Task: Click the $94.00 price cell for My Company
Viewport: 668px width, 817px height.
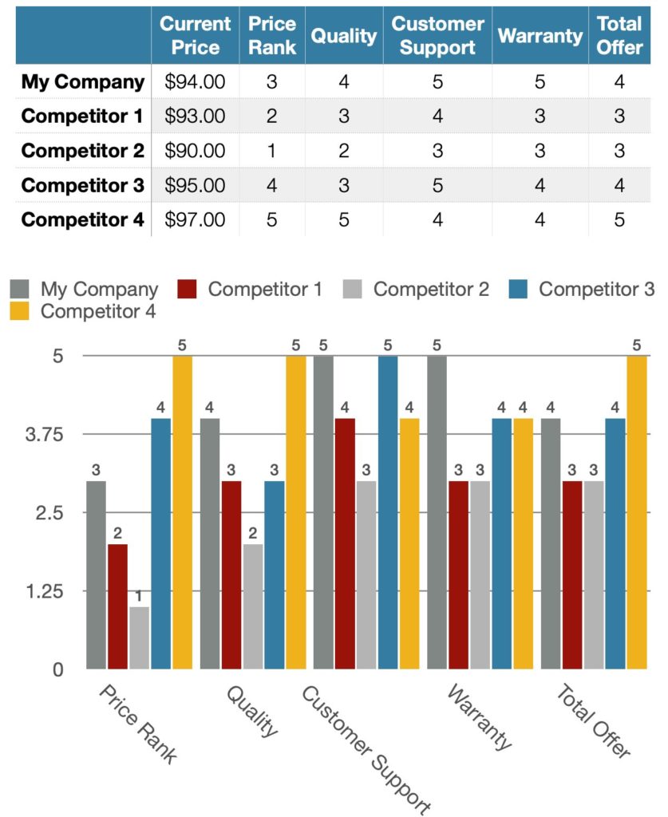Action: (195, 81)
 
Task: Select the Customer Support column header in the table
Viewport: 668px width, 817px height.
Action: (437, 36)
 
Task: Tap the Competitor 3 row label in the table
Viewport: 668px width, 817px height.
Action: (82, 185)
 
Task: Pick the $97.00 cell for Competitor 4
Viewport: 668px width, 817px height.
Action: (195, 219)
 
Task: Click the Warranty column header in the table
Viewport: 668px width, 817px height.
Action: (540, 36)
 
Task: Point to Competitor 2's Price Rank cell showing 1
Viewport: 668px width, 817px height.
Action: (271, 151)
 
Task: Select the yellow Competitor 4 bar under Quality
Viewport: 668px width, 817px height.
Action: (295, 511)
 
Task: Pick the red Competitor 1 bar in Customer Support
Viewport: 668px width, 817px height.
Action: (345, 543)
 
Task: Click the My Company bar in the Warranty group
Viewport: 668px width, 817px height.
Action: (437, 511)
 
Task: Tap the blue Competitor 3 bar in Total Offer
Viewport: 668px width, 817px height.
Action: (615, 543)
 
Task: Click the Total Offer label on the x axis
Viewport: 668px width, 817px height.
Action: (593, 720)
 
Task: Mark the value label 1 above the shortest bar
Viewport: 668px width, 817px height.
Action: (140, 596)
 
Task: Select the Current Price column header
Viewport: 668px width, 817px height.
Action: (195, 36)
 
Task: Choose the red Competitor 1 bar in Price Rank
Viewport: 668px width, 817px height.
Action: (117, 606)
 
